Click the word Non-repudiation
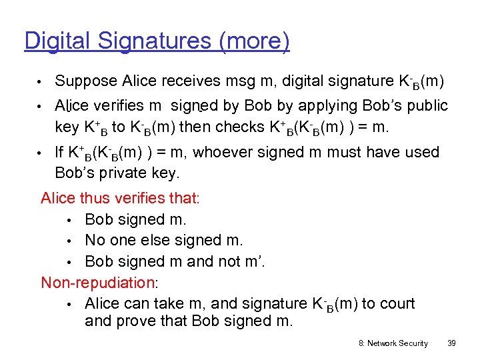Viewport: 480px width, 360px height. click(97, 282)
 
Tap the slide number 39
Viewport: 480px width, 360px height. click(451, 343)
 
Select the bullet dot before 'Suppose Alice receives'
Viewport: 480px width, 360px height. click(41, 82)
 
